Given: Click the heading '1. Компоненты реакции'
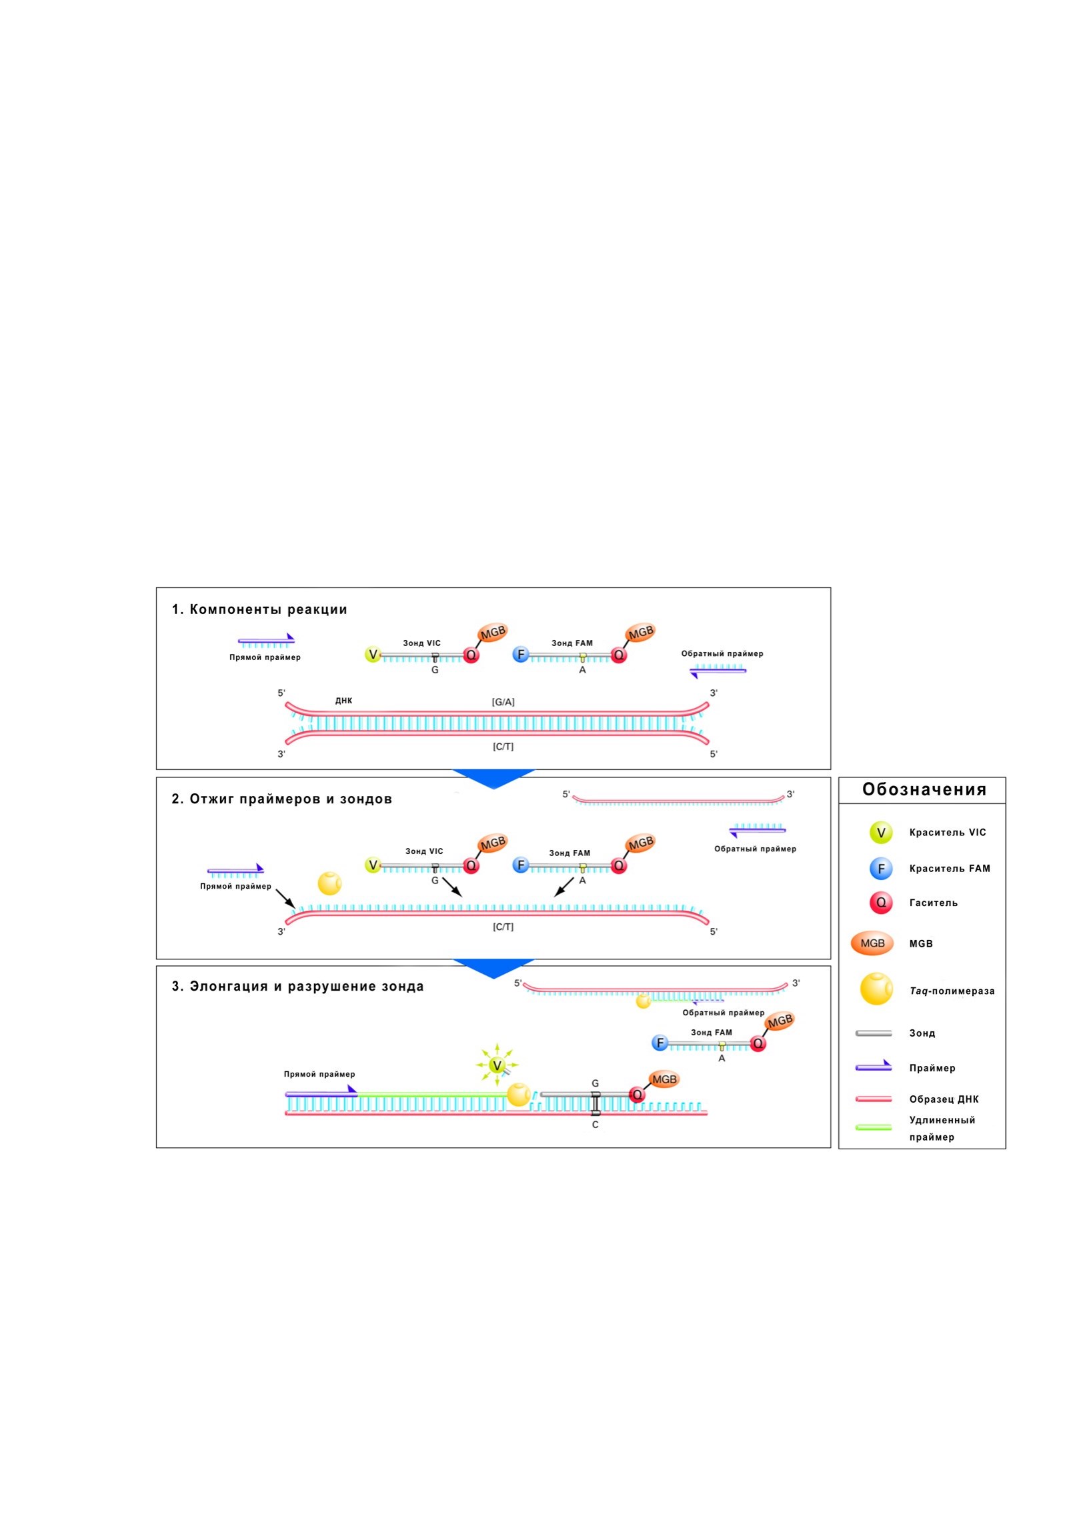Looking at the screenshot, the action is pyautogui.click(x=259, y=609).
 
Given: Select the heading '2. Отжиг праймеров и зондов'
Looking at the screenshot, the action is pyautogui.click(x=281, y=799).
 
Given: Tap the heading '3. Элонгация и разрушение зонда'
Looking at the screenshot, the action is pyautogui.click(x=297, y=986).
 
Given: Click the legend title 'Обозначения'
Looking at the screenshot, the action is pyautogui.click(x=924, y=789).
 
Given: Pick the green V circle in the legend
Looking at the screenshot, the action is pyautogui.click(x=880, y=833).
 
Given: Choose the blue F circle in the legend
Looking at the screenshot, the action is pyautogui.click(x=880, y=869).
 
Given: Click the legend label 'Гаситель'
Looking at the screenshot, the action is pyautogui.click(x=933, y=903).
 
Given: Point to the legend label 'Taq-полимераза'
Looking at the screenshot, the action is pyautogui.click(x=952, y=991).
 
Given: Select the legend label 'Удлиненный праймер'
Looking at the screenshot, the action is pyautogui.click(x=942, y=1129).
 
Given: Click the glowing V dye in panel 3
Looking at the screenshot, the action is pyautogui.click(x=497, y=1065).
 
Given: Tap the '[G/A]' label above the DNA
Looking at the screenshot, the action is pyautogui.click(x=503, y=702).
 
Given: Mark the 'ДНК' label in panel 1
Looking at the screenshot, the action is pyautogui.click(x=343, y=701).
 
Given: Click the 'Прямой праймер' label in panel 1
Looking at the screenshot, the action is pyautogui.click(x=265, y=657).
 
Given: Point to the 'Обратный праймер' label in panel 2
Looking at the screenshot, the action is pyautogui.click(x=756, y=849).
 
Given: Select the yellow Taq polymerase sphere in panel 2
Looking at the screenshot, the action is pyautogui.click(x=329, y=883).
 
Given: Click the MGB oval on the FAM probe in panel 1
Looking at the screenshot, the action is pyautogui.click(x=640, y=632).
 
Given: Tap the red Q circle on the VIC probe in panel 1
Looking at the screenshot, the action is pyautogui.click(x=471, y=655).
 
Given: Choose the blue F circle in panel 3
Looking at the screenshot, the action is pyautogui.click(x=660, y=1043).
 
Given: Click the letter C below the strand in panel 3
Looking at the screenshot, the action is pyautogui.click(x=595, y=1125).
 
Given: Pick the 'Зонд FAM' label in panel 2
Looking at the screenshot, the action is pyautogui.click(x=570, y=853).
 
